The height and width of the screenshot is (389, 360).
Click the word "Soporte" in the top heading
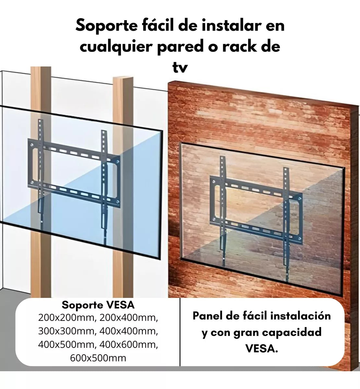pos(107,26)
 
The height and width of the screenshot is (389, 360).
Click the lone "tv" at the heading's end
pos(180,67)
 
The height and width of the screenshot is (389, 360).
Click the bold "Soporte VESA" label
pos(98,305)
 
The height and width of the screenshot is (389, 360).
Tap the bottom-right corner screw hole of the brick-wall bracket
pos(299,239)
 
